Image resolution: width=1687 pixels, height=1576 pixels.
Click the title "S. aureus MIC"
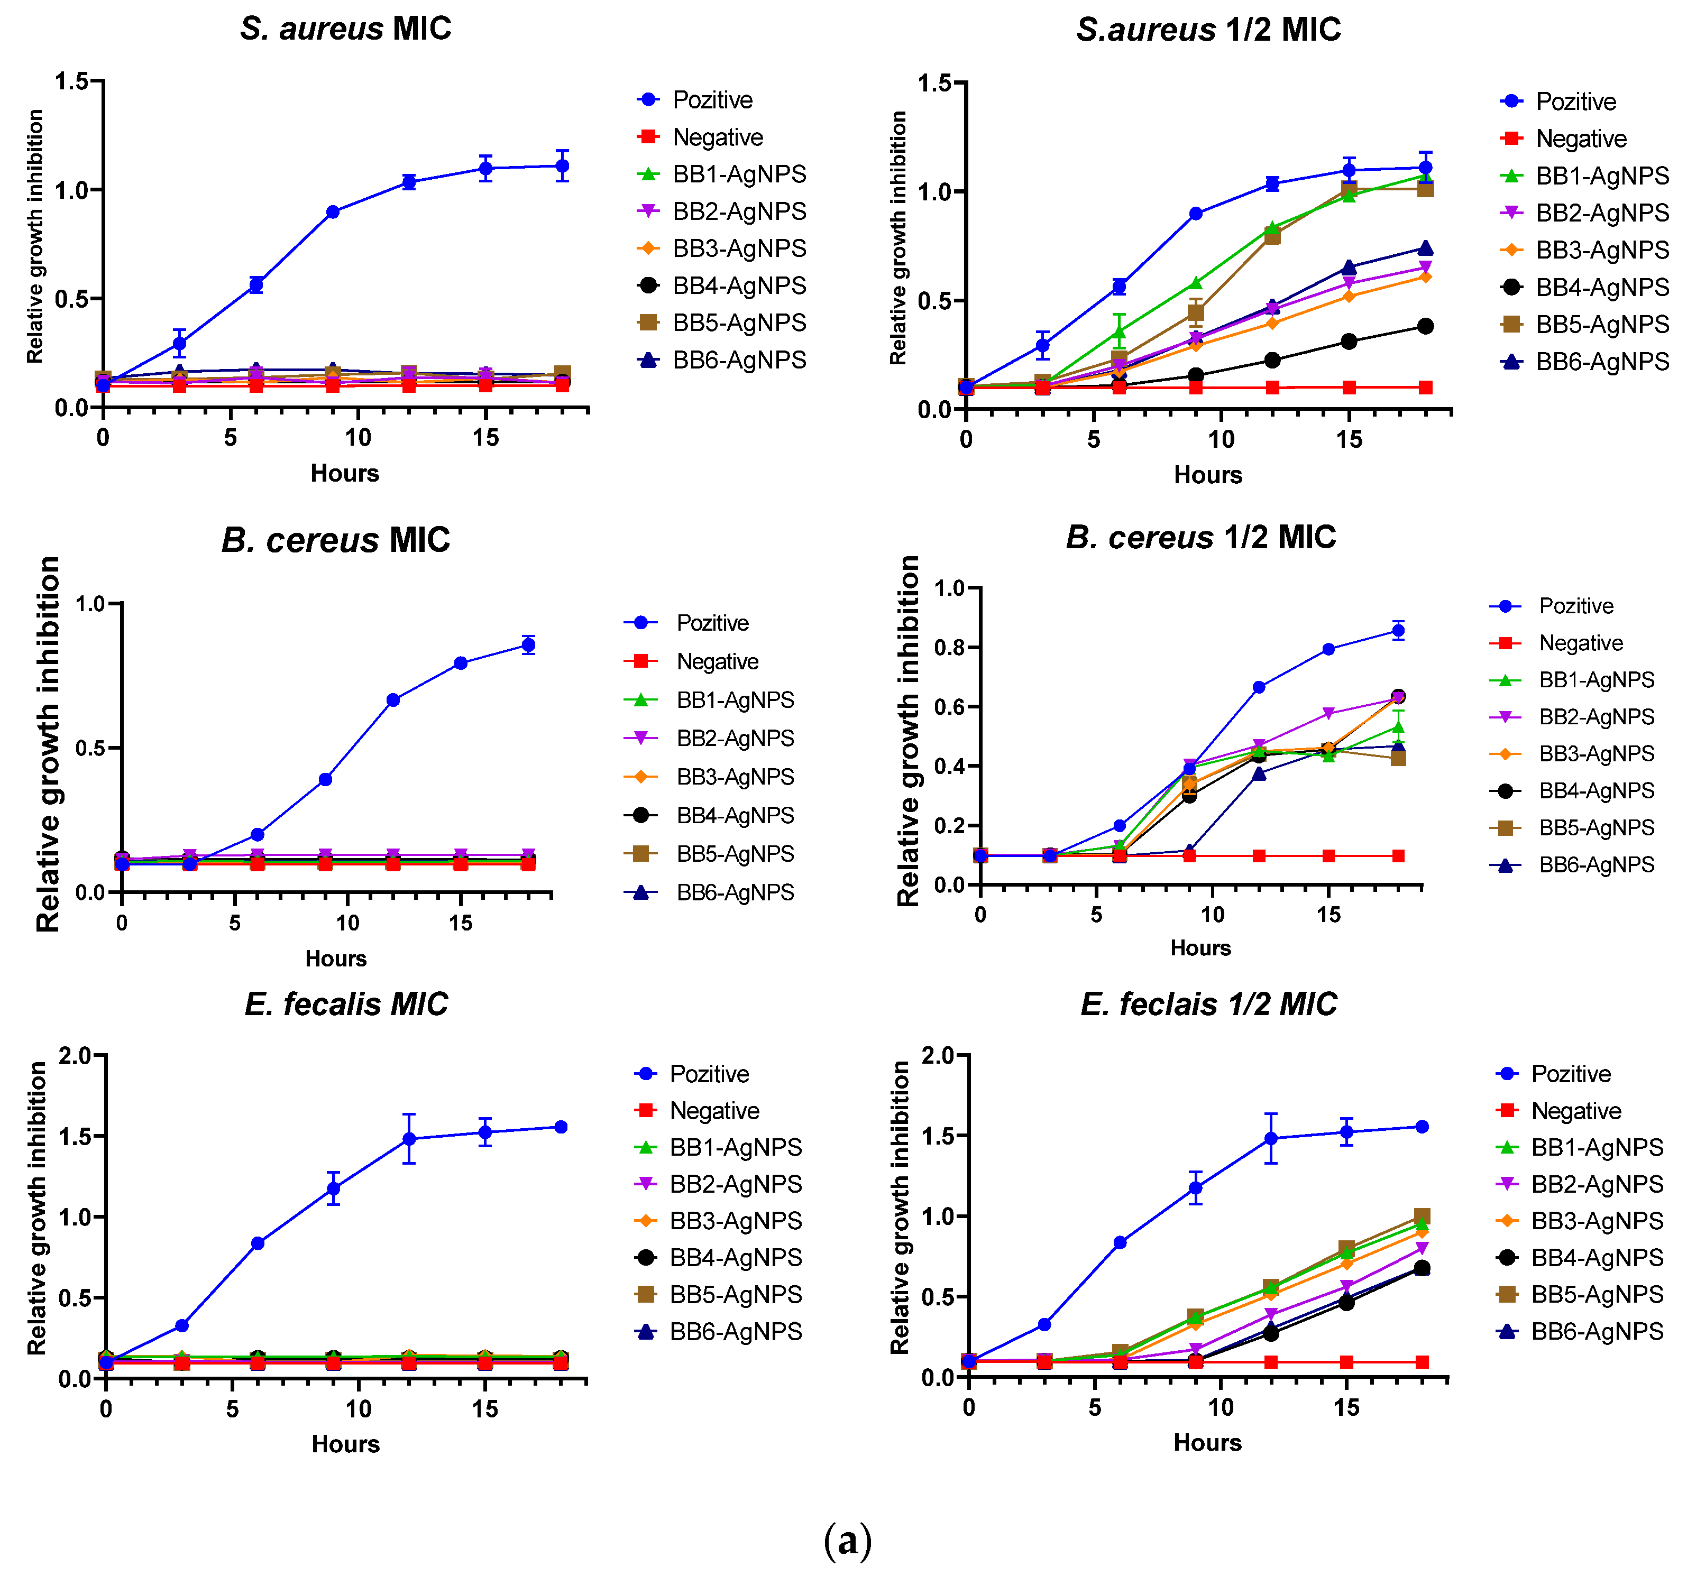pos(345,29)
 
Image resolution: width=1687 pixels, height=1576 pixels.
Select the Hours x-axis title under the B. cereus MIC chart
pos(336,958)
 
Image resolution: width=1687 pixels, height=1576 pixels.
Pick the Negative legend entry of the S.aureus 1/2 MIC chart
pos(1580,139)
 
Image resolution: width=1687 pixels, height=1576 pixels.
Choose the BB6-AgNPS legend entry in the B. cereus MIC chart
pos(734,892)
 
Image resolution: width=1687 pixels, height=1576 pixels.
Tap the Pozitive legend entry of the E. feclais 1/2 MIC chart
pos(1570,1074)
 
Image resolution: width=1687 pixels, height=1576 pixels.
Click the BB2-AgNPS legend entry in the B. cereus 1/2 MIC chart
pos(1596,717)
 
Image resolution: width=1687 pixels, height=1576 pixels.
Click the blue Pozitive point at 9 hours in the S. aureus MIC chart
pos(333,212)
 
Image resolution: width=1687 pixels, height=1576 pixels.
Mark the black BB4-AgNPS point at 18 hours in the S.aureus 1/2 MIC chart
pos(1426,327)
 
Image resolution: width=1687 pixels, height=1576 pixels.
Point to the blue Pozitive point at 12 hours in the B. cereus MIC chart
pos(393,700)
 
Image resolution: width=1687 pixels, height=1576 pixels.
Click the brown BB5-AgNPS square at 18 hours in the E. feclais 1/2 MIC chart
pos(1422,1216)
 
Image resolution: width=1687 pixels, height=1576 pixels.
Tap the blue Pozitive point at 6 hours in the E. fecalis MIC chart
pos(257,1243)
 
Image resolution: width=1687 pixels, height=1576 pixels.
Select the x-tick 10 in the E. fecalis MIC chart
pos(358,1409)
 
